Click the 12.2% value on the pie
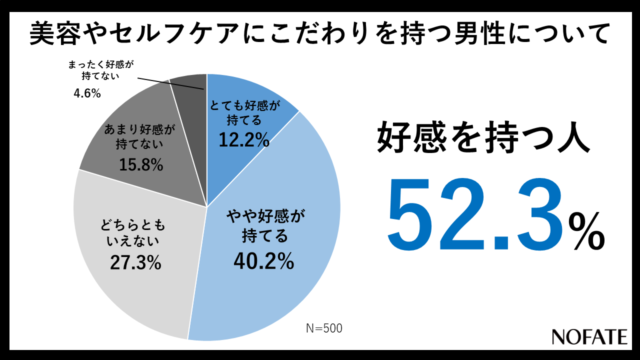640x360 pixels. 244,140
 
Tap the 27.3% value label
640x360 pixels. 135,262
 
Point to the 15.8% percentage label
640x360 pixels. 141,164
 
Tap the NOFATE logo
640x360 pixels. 589,336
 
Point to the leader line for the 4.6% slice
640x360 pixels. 170,83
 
